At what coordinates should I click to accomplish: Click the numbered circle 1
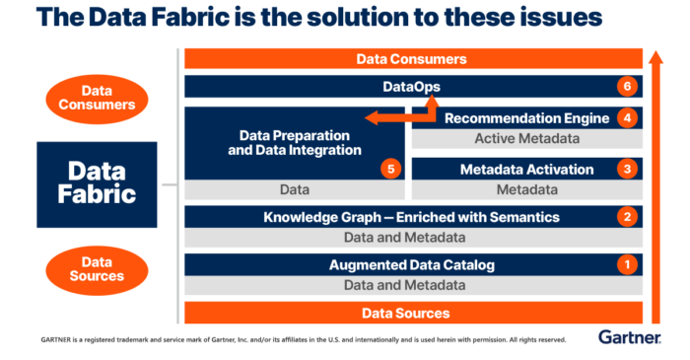624,264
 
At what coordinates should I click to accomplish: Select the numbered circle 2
624,216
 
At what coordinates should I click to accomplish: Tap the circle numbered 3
624,169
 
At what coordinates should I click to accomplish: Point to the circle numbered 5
391,169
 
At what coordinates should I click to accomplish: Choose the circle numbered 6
624,87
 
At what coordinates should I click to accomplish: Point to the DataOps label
413,87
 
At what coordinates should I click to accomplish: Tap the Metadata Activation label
526,169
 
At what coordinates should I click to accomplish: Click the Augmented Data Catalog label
412,264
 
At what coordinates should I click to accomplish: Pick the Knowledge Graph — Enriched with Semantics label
412,216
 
